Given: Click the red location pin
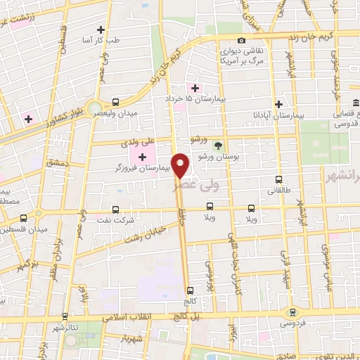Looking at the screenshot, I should (x=181, y=165).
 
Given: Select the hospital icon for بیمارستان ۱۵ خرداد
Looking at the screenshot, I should (x=195, y=87).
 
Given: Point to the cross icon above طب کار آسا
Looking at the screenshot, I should (x=101, y=30).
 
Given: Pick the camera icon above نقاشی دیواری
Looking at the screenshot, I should (x=241, y=40).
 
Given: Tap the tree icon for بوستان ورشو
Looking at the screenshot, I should (x=217, y=146).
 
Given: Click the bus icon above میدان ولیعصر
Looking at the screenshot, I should (x=116, y=101).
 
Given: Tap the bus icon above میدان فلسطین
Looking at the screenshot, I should (x=23, y=218).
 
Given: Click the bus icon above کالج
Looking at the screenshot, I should (x=189, y=290).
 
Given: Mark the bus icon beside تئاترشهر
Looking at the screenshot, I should (x=64, y=316).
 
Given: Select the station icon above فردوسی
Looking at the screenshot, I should (x=292, y=313).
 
